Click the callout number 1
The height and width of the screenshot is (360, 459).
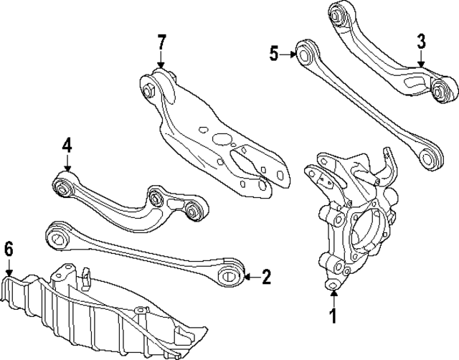coord(333,316)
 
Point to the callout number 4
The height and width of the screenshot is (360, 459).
coord(67,146)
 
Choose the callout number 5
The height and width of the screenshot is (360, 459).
coord(274,52)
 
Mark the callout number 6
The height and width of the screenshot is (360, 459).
coord(8,250)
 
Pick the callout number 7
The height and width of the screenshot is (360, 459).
coord(162,42)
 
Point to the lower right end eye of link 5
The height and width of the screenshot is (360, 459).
coord(430,158)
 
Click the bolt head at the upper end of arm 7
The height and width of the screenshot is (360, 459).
coord(148,90)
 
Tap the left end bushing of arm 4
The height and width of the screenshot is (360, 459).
coord(63,187)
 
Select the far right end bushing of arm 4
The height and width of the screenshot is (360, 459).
coord(192,210)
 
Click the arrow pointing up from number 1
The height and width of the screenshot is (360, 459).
coord(333,295)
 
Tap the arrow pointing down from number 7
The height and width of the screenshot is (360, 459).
coord(162,60)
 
